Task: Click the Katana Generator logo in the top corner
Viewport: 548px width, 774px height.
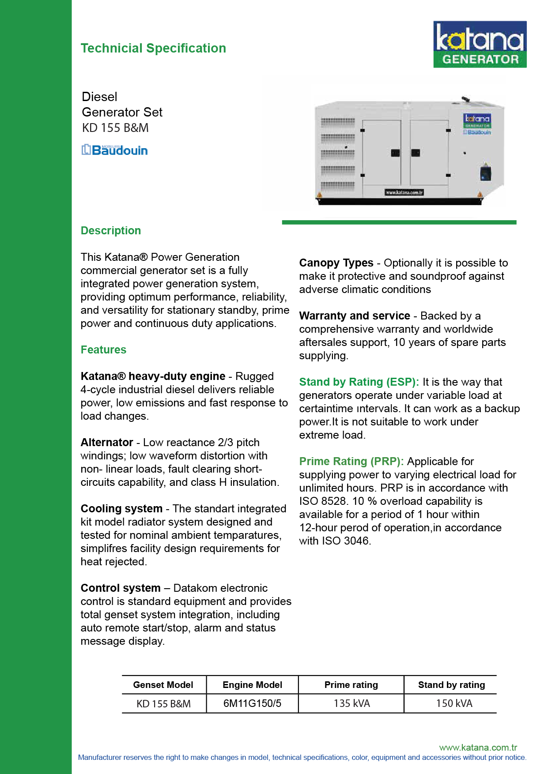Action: (480, 44)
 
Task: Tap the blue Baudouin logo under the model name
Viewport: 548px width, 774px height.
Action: (115, 150)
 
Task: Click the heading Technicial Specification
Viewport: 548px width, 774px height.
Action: (153, 48)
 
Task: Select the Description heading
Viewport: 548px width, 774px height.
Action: (111, 230)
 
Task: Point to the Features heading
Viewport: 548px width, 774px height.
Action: (103, 349)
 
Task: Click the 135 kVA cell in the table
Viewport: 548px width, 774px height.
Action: (351, 703)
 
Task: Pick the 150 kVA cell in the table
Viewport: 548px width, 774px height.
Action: (454, 703)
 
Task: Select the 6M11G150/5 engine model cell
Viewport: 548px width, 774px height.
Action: (252, 703)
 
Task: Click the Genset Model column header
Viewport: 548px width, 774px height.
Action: (163, 685)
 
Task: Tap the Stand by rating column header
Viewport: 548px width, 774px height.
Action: (451, 685)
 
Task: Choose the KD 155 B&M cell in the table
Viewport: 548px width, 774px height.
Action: (163, 704)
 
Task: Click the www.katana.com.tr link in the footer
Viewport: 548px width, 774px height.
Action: (478, 748)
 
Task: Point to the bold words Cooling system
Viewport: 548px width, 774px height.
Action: (121, 508)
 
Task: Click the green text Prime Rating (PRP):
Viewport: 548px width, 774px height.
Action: (351, 461)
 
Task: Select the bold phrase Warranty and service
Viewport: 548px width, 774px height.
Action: (355, 316)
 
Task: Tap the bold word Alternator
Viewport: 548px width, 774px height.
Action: (107, 442)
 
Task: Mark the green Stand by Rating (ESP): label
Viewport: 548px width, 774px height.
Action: (359, 382)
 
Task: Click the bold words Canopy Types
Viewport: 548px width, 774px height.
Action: (336, 263)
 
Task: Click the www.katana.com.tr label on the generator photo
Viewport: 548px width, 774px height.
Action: (404, 192)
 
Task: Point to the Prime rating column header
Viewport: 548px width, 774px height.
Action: (351, 685)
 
